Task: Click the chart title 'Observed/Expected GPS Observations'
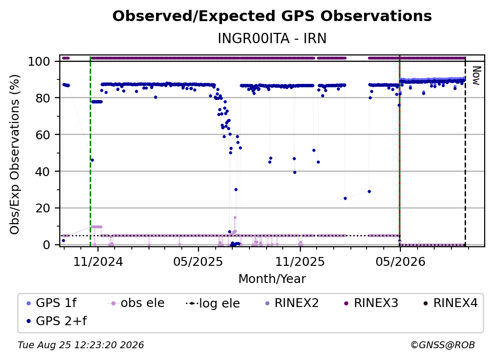[x=272, y=16]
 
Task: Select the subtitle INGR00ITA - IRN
[x=272, y=38]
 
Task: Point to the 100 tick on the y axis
[x=39, y=61]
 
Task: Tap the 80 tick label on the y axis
[x=43, y=98]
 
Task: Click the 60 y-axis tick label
[x=43, y=134]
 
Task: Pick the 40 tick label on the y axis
[x=43, y=172]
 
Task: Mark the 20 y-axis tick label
[x=43, y=208]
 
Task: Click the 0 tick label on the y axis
[x=47, y=245]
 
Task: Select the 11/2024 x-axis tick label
[x=98, y=261]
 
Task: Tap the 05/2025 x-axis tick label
[x=198, y=261]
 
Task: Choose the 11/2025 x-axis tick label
[x=300, y=261]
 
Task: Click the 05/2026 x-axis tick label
[x=400, y=261]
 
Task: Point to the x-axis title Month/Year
[x=272, y=279]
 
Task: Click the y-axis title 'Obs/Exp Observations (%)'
[x=15, y=154]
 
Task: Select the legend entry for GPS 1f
[x=51, y=303]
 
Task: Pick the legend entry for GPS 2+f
[x=57, y=321]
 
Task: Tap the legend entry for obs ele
[x=136, y=303]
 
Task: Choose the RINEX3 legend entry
[x=371, y=303]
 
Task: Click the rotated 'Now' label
[x=476, y=76]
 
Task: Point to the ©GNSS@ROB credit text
[x=443, y=345]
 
